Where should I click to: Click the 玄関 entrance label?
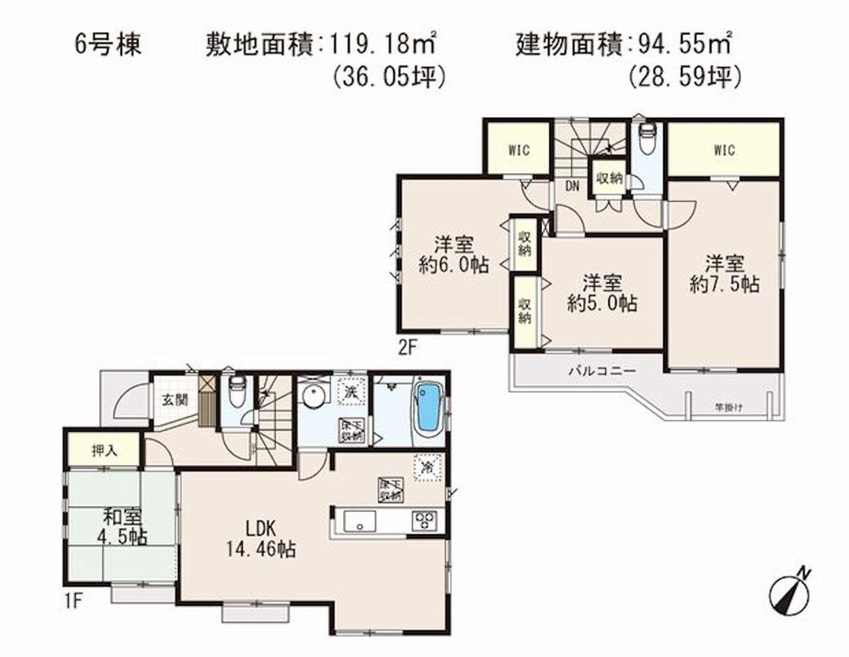tap(175, 400)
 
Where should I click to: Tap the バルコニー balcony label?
tap(594, 371)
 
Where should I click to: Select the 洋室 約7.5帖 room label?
tap(724, 273)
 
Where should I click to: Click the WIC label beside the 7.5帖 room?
tap(723, 151)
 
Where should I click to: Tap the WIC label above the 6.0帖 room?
tap(519, 150)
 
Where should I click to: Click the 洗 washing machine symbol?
tap(348, 391)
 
